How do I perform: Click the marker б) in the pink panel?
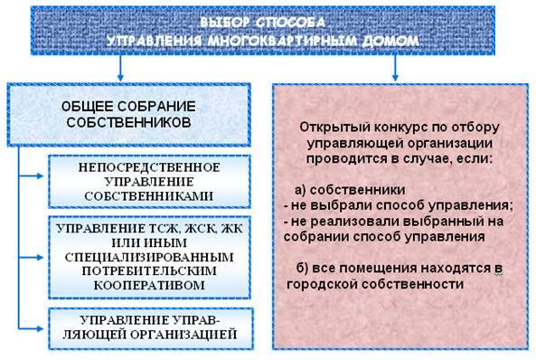coord(302,268)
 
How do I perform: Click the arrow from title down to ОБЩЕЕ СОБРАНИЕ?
coord(119,72)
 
